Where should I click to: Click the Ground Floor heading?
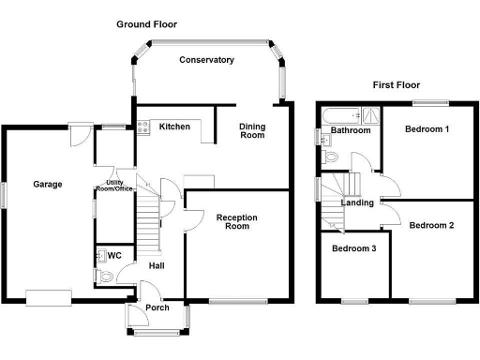[x=146, y=24]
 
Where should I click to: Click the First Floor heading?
[x=397, y=85]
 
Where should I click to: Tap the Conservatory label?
[x=206, y=60]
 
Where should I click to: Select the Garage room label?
[x=48, y=185]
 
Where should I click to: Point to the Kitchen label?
[x=174, y=127]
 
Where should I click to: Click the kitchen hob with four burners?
[x=143, y=127]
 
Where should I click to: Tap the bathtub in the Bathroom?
[x=341, y=116]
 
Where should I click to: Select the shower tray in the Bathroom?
[x=371, y=115]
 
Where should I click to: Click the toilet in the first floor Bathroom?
[x=329, y=157]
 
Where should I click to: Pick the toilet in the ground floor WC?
[x=104, y=277]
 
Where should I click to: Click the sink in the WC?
[x=100, y=256]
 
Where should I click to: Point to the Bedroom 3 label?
[x=353, y=248]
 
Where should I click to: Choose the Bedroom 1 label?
[x=427, y=129]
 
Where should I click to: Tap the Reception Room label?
[x=237, y=221]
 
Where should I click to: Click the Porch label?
[x=157, y=307]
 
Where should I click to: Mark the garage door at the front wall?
[x=49, y=298]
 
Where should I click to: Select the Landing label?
[x=357, y=202]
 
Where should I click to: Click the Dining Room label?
[x=252, y=131]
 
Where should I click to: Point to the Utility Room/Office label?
[x=114, y=186]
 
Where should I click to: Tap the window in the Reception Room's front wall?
[x=238, y=301]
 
